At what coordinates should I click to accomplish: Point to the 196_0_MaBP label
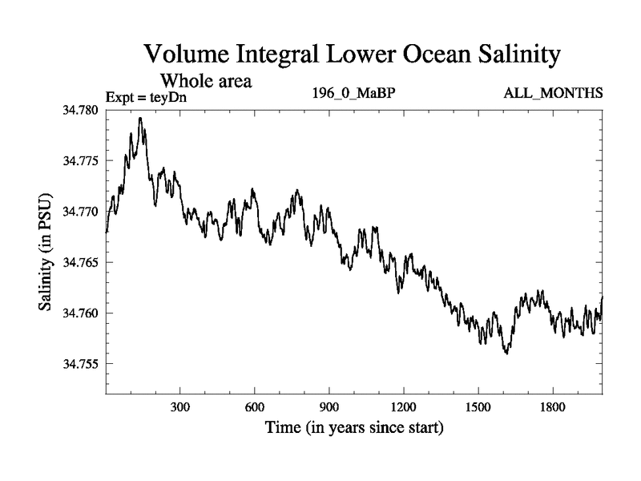354,95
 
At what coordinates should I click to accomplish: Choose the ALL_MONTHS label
553,95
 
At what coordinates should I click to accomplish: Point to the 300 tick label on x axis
180,407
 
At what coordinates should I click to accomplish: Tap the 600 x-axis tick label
255,407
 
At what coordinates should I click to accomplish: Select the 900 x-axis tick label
329,407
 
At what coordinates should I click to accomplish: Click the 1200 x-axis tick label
404,407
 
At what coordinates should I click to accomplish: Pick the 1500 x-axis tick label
478,407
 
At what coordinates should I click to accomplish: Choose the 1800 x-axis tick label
553,407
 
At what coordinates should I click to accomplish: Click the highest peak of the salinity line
140,118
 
